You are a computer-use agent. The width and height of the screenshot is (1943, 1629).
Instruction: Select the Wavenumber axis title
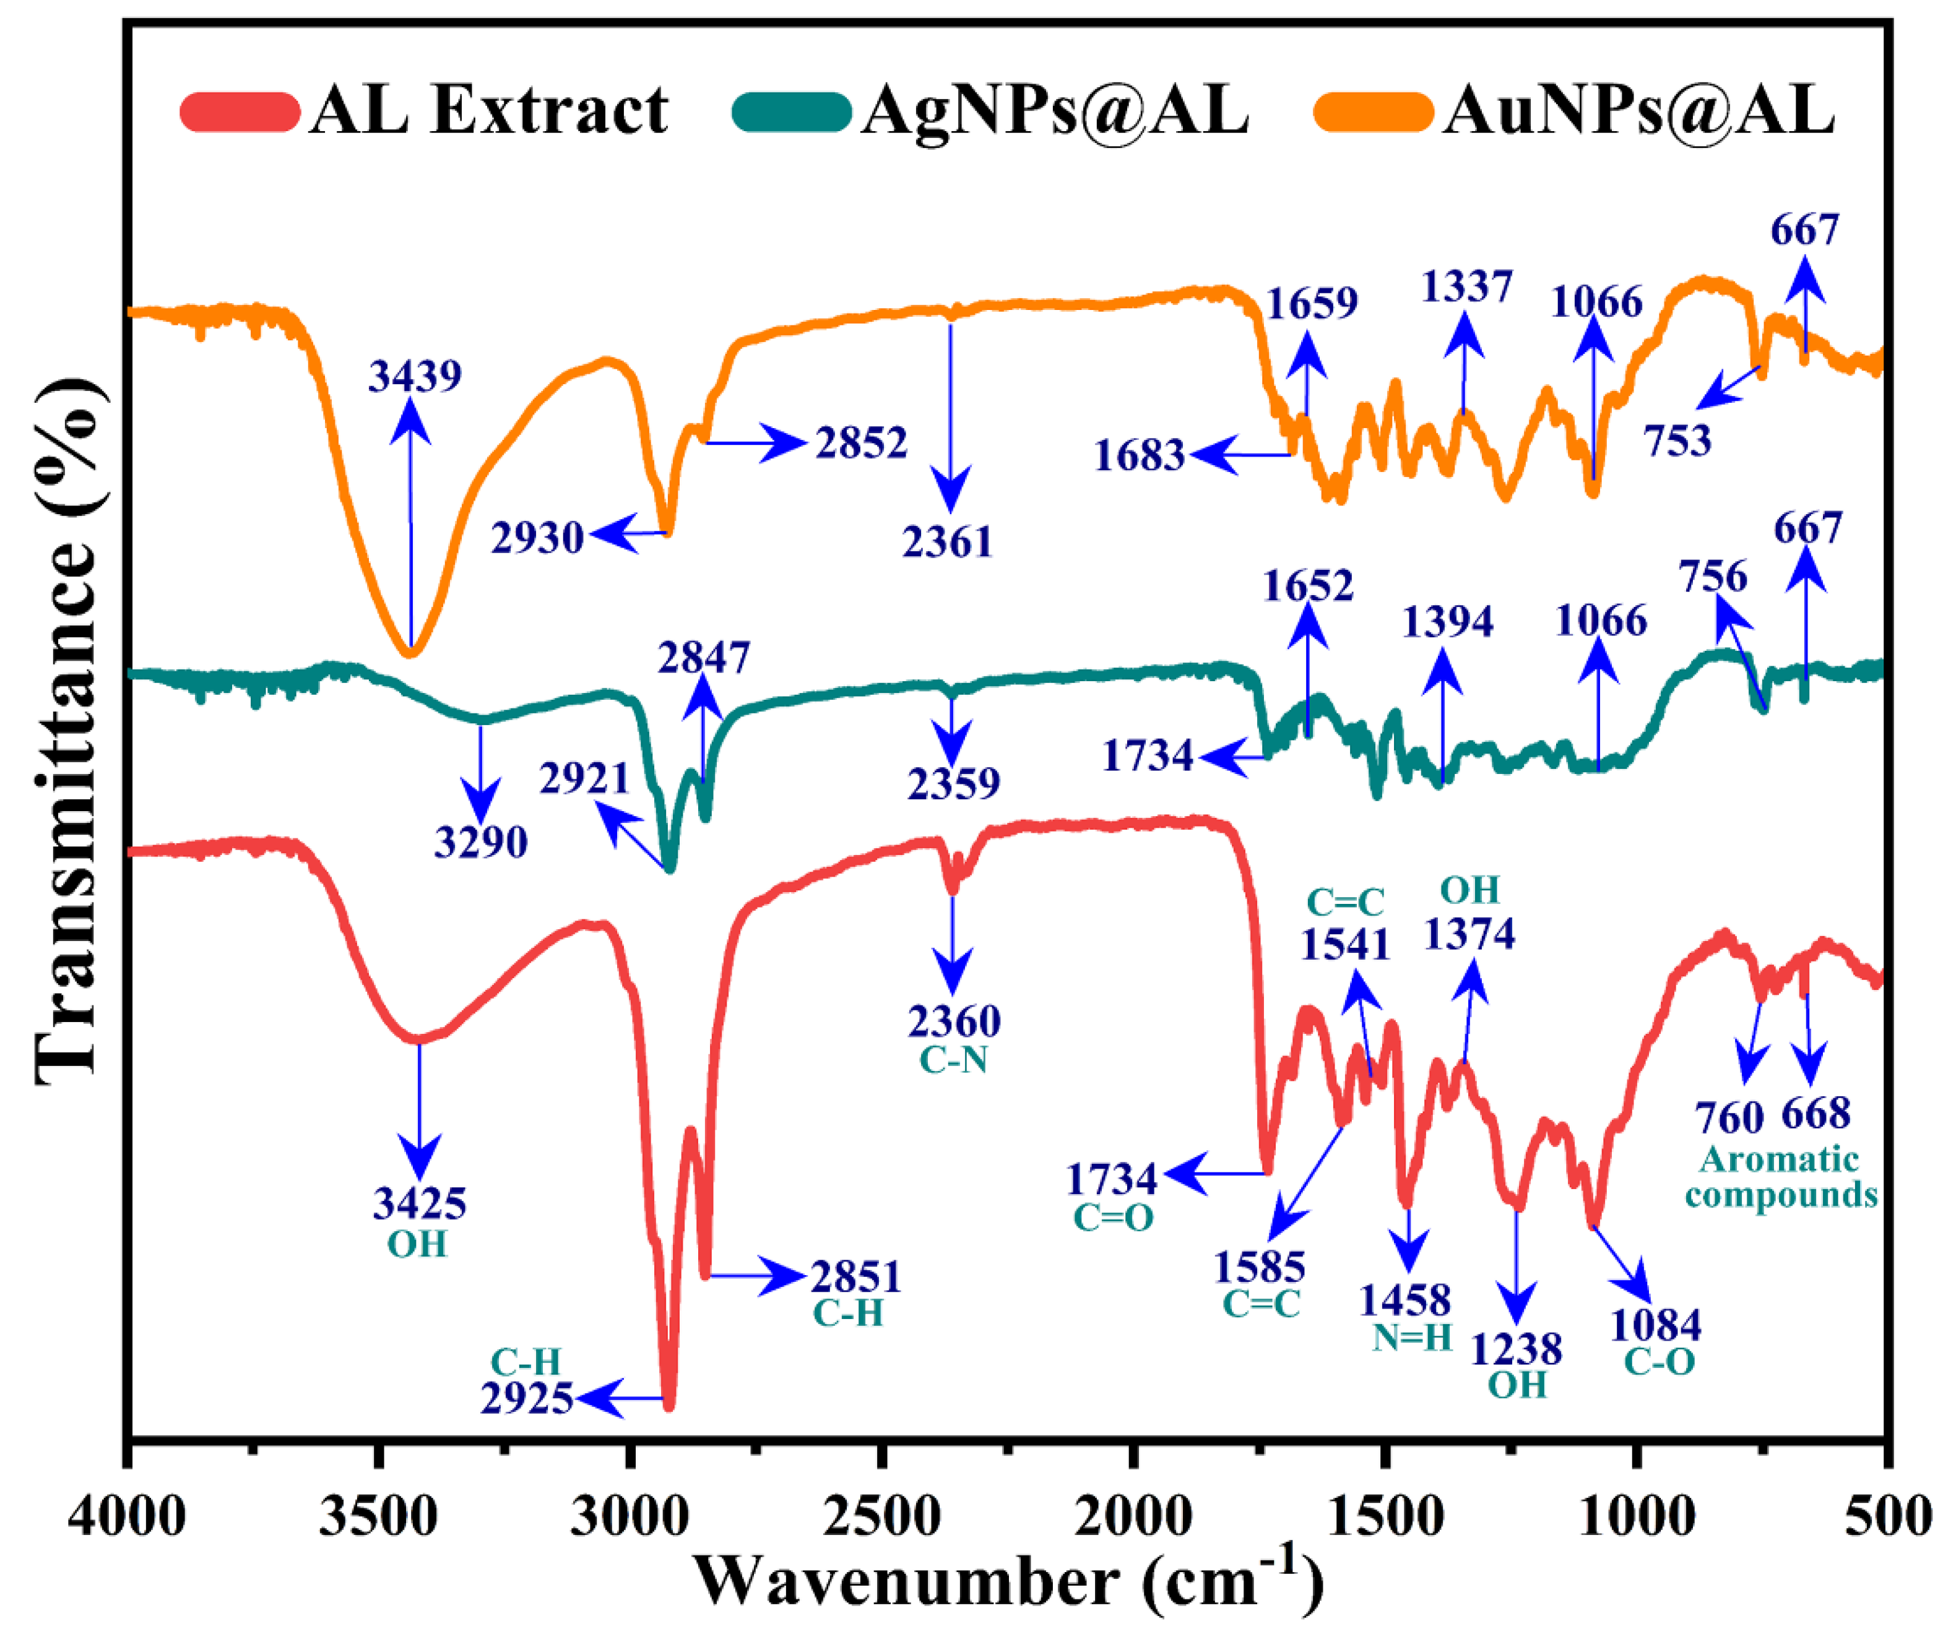[x=1008, y=1582]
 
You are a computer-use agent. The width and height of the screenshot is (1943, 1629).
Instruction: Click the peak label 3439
[x=415, y=376]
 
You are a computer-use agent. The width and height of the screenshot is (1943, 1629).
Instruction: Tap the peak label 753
[x=1677, y=441]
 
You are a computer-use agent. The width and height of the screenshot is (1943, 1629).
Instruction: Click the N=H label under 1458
[x=1412, y=1338]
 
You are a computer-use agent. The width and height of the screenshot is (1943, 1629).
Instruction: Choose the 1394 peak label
[x=1447, y=622]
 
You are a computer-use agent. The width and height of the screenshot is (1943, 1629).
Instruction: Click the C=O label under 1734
[x=1113, y=1218]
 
